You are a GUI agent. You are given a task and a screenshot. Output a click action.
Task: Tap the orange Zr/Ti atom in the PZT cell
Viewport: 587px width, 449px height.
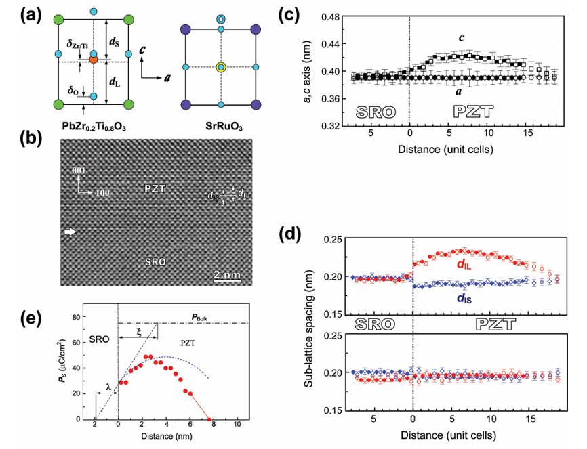pyautogui.click(x=94, y=60)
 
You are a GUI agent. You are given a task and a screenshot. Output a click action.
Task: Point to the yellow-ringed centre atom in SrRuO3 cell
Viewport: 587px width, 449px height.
pyautogui.click(x=220, y=67)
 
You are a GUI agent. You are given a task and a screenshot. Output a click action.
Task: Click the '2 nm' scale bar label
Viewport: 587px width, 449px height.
pyautogui.click(x=226, y=275)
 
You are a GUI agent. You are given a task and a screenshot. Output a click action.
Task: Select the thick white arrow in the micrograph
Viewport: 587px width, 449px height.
pyautogui.click(x=70, y=232)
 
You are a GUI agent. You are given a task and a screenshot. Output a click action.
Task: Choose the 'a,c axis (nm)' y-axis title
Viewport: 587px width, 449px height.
pyautogui.click(x=299, y=70)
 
